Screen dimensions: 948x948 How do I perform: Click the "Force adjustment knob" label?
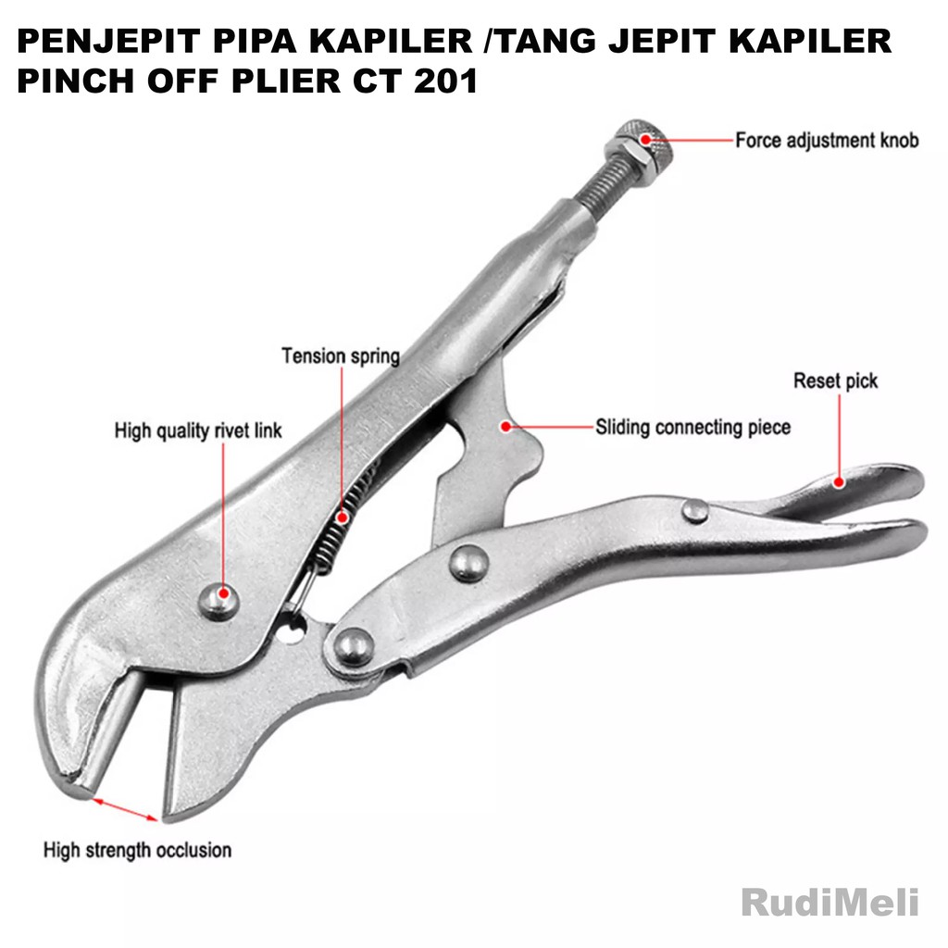coord(827,141)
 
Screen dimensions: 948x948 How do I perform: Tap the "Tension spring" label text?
coord(341,355)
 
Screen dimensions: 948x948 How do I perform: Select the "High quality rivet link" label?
coord(198,430)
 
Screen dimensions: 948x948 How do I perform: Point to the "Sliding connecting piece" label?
coord(692,428)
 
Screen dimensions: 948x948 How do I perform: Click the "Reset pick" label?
coord(835,380)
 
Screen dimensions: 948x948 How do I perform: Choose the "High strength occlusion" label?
coord(138,849)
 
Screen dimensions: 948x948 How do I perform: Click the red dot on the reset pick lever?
coord(839,480)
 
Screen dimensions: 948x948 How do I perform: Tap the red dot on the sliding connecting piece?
coord(505,426)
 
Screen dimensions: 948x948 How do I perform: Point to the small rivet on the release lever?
coord(694,509)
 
